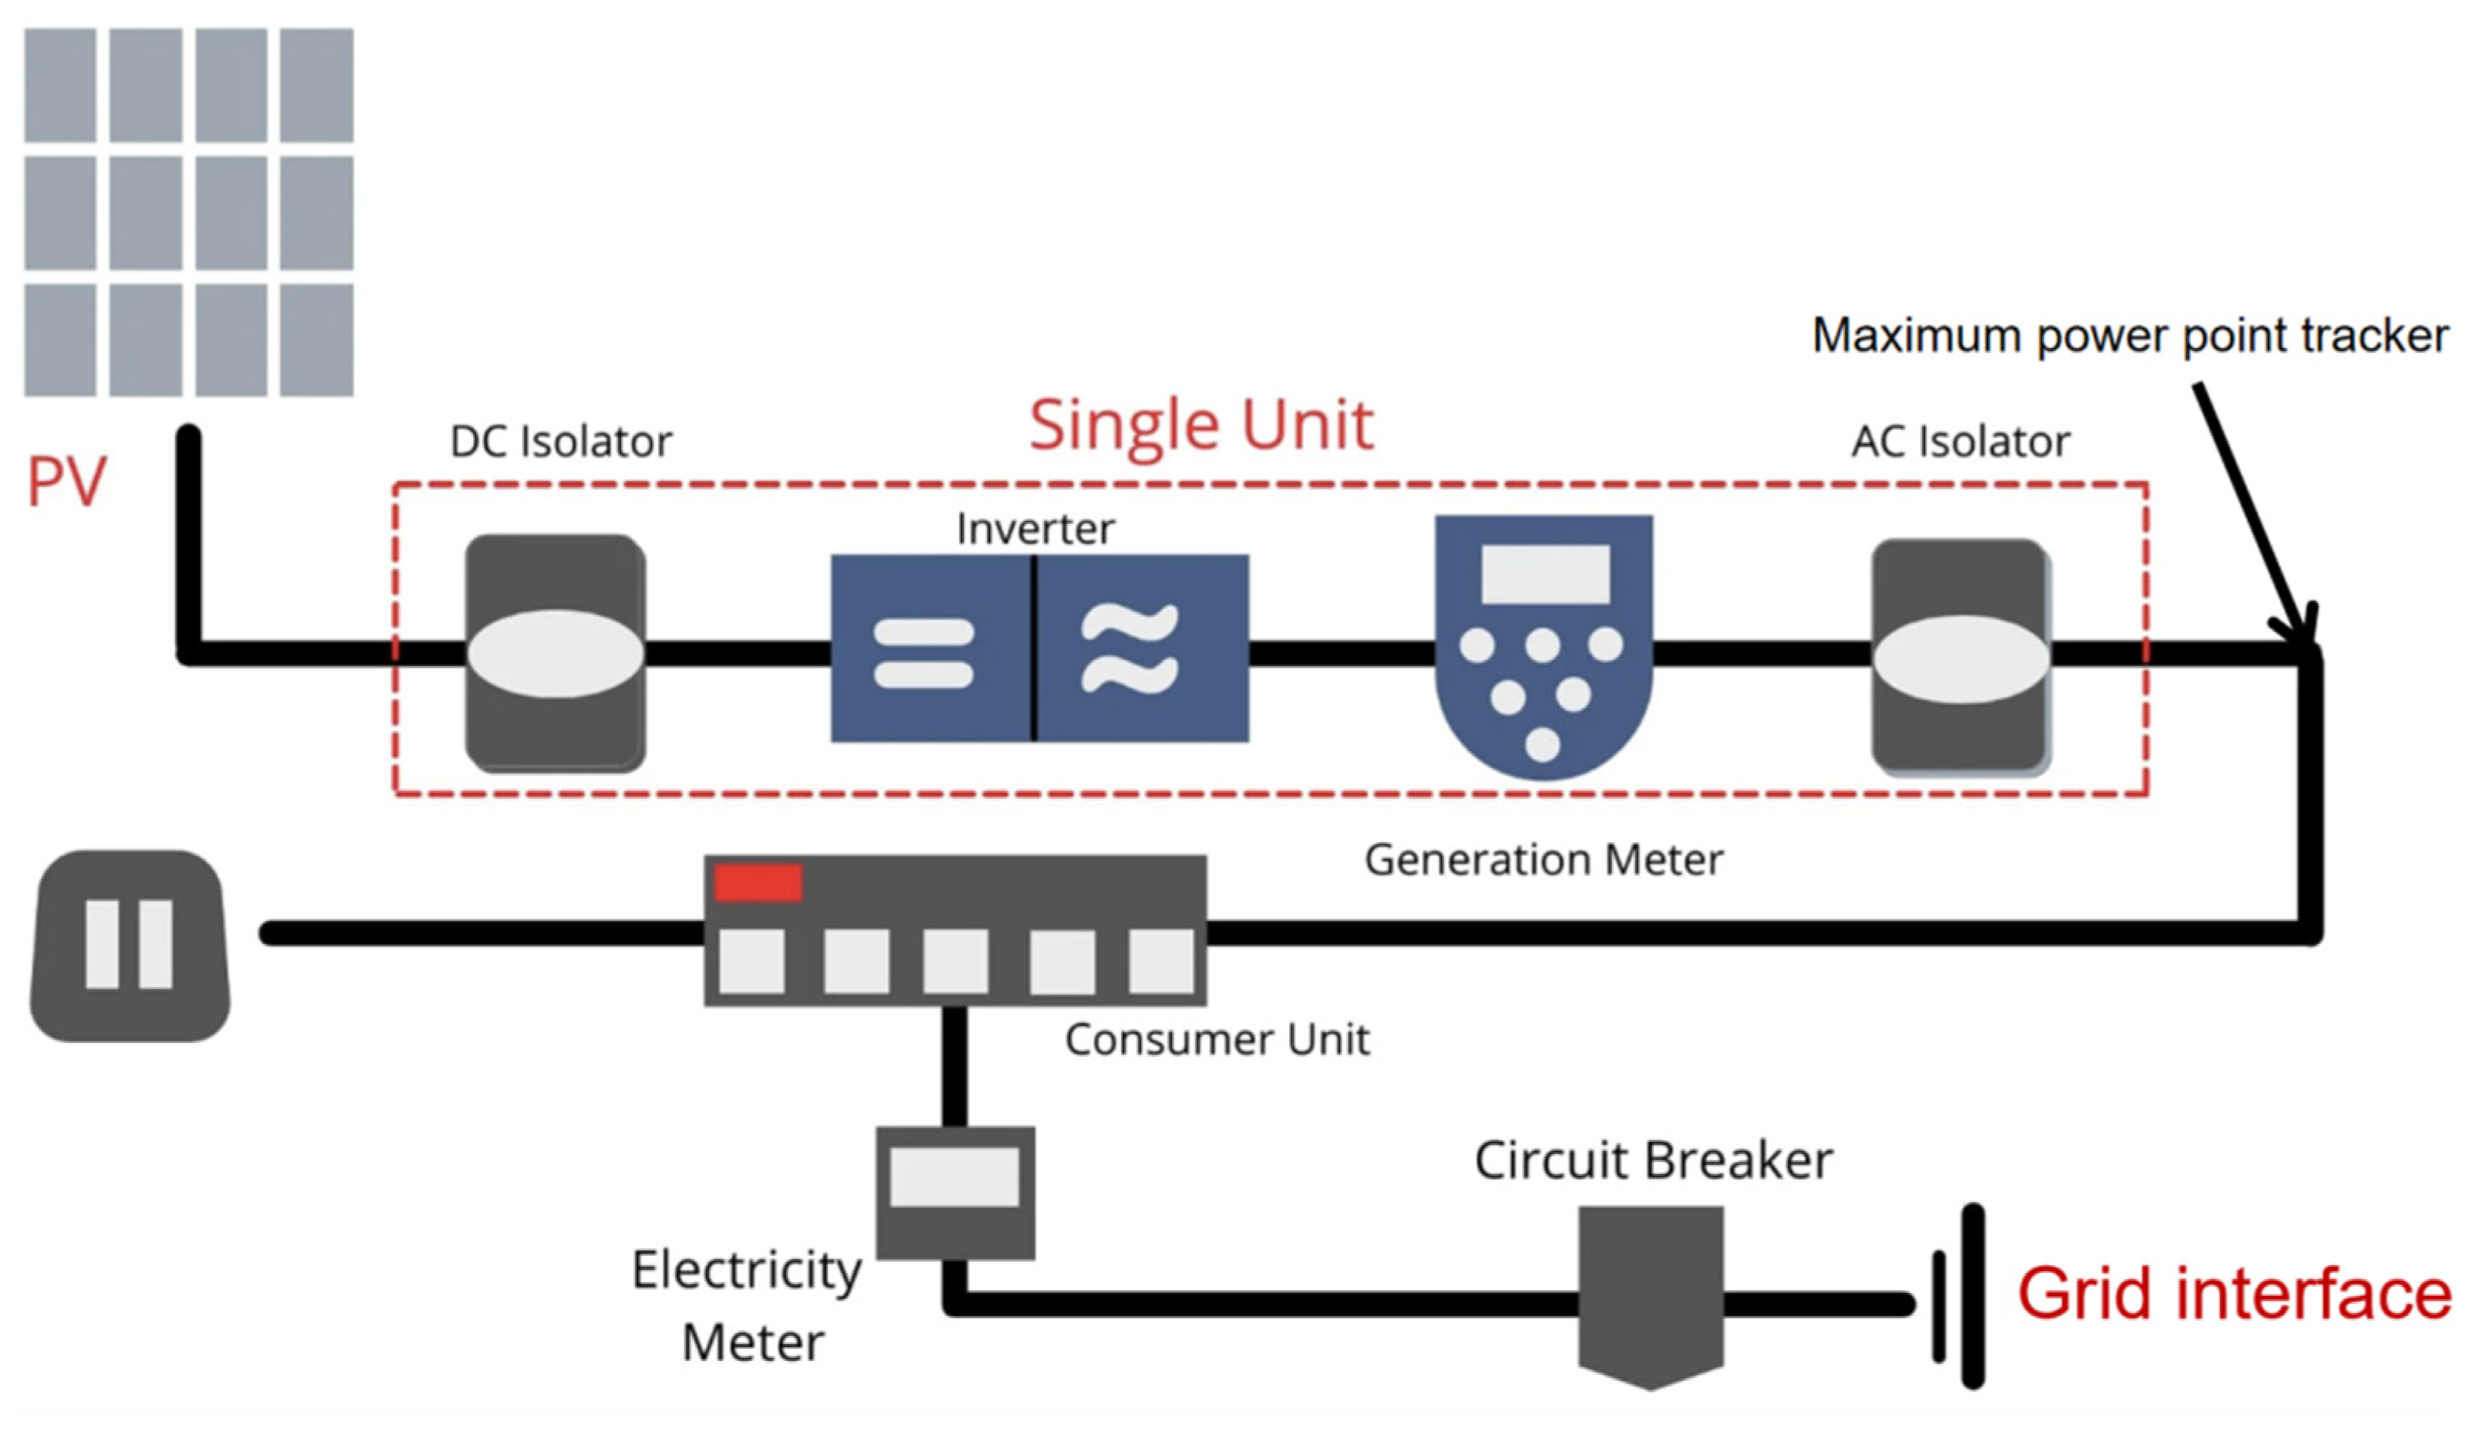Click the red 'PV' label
(x=66, y=482)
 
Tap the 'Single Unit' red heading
(x=1200, y=425)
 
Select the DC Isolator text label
(x=560, y=442)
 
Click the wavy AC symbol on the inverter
(x=1129, y=648)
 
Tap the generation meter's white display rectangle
(x=1545, y=574)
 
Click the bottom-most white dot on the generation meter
(x=1542, y=743)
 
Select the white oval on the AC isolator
(x=1961, y=658)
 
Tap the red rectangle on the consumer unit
(x=758, y=883)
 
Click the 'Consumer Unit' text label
(x=1217, y=1040)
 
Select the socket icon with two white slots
(x=130, y=945)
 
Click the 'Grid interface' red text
(x=2233, y=1294)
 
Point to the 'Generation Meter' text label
(x=1543, y=860)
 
